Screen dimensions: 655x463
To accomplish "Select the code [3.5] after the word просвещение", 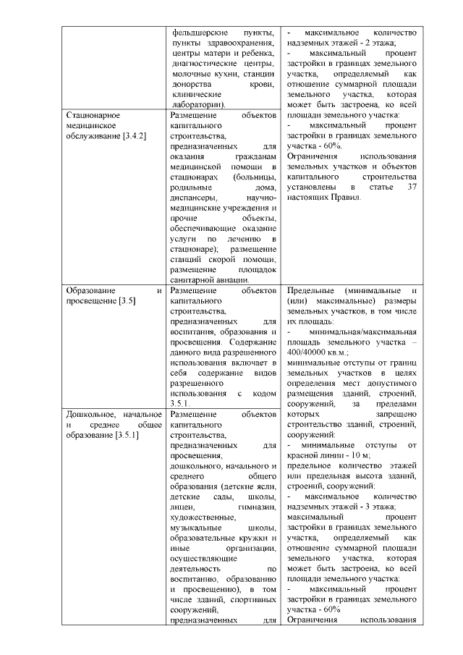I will (129, 300).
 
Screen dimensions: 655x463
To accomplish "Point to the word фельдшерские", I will (199, 33).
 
